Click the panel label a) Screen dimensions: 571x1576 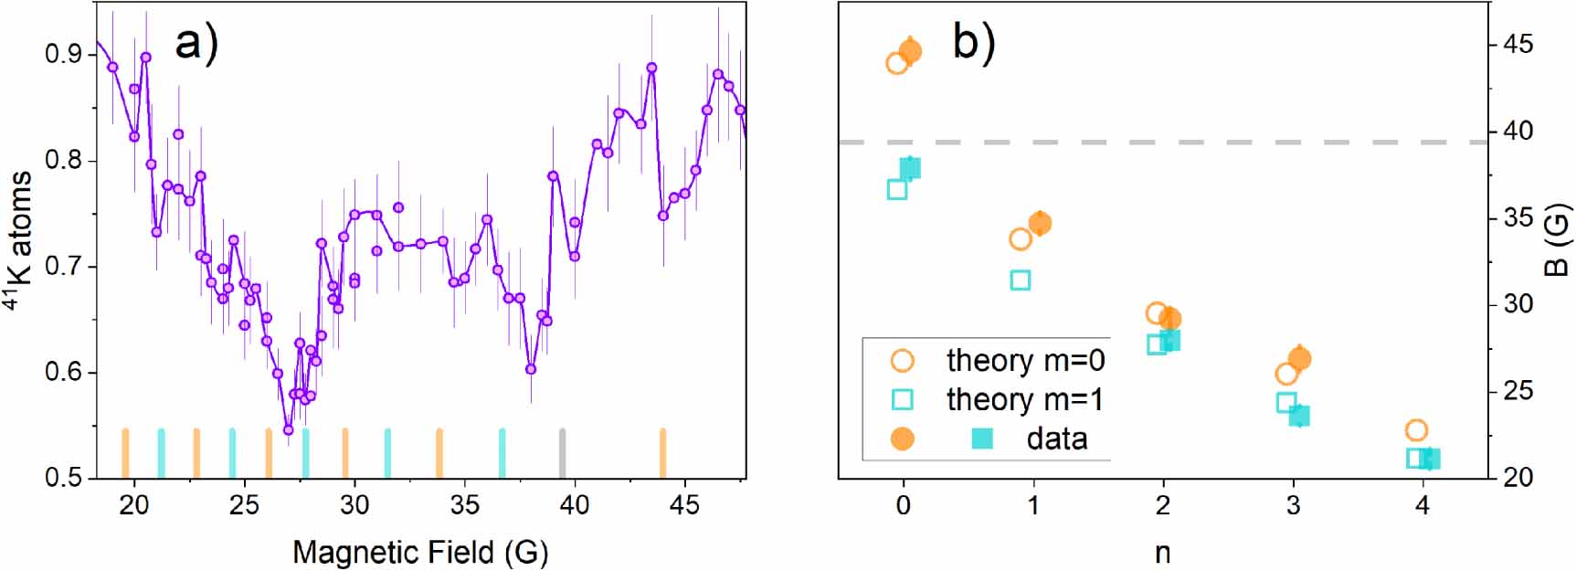pos(196,42)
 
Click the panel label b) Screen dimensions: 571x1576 pos(973,42)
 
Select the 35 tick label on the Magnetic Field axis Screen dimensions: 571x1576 pos(464,504)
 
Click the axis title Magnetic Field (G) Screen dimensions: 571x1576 pos(420,552)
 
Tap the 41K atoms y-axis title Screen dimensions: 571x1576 pos(20,239)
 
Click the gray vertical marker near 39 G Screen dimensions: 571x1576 pos(562,453)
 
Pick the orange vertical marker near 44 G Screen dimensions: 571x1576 pos(662,453)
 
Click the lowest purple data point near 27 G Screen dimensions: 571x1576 pos(288,429)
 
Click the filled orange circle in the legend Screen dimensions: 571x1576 pos(902,439)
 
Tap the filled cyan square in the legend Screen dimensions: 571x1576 pos(982,439)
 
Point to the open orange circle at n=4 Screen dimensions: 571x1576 pos(1416,430)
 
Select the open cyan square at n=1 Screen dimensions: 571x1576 pos(1021,280)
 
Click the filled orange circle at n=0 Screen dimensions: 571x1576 pos(910,52)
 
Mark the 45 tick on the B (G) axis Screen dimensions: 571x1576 pos(1518,45)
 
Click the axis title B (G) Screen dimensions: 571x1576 pos(1556,239)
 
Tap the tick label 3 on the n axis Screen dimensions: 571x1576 pos(1293,505)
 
